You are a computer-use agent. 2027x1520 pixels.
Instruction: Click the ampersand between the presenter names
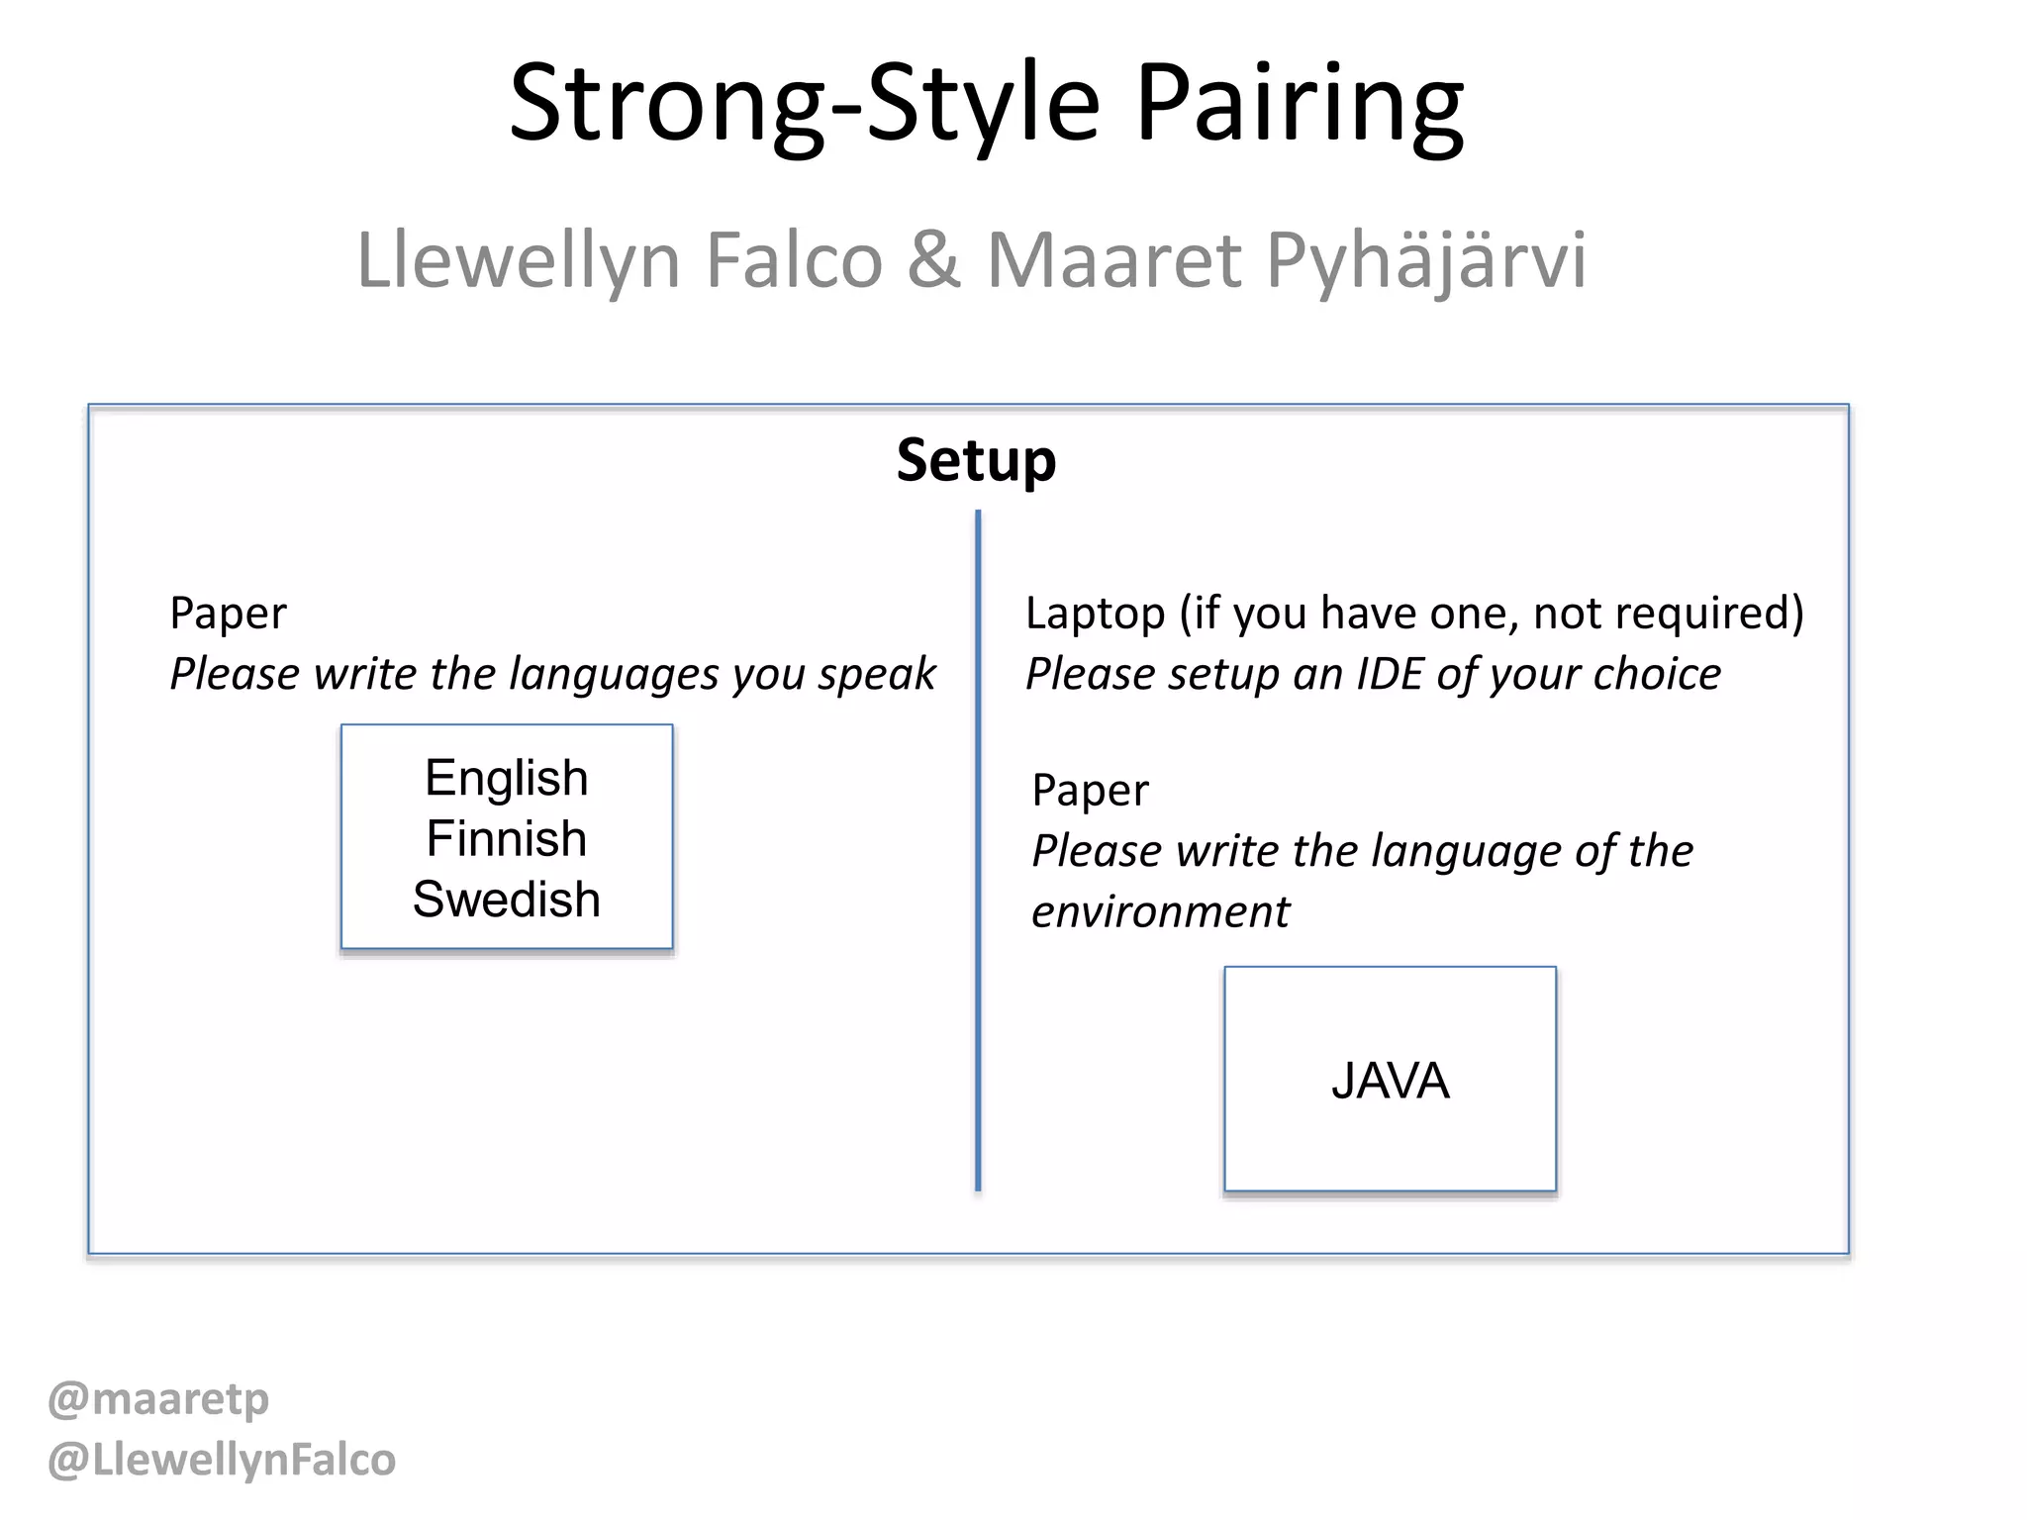(x=933, y=259)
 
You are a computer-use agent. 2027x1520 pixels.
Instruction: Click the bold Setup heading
(x=976, y=461)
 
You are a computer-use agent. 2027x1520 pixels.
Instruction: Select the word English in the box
(x=507, y=778)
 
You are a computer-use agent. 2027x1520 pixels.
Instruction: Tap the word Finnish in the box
(x=507, y=838)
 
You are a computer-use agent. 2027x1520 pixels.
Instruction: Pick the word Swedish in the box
(x=507, y=900)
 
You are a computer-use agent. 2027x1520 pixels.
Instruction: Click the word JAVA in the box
(x=1390, y=1081)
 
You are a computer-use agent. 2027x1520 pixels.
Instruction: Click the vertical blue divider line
(x=978, y=851)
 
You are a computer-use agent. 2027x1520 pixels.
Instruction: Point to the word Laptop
(x=1095, y=615)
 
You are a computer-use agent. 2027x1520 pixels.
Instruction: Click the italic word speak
(x=876, y=675)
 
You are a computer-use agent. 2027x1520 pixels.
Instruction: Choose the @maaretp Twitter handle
(x=158, y=1399)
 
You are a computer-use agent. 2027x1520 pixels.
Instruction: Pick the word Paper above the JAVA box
(x=1090, y=791)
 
